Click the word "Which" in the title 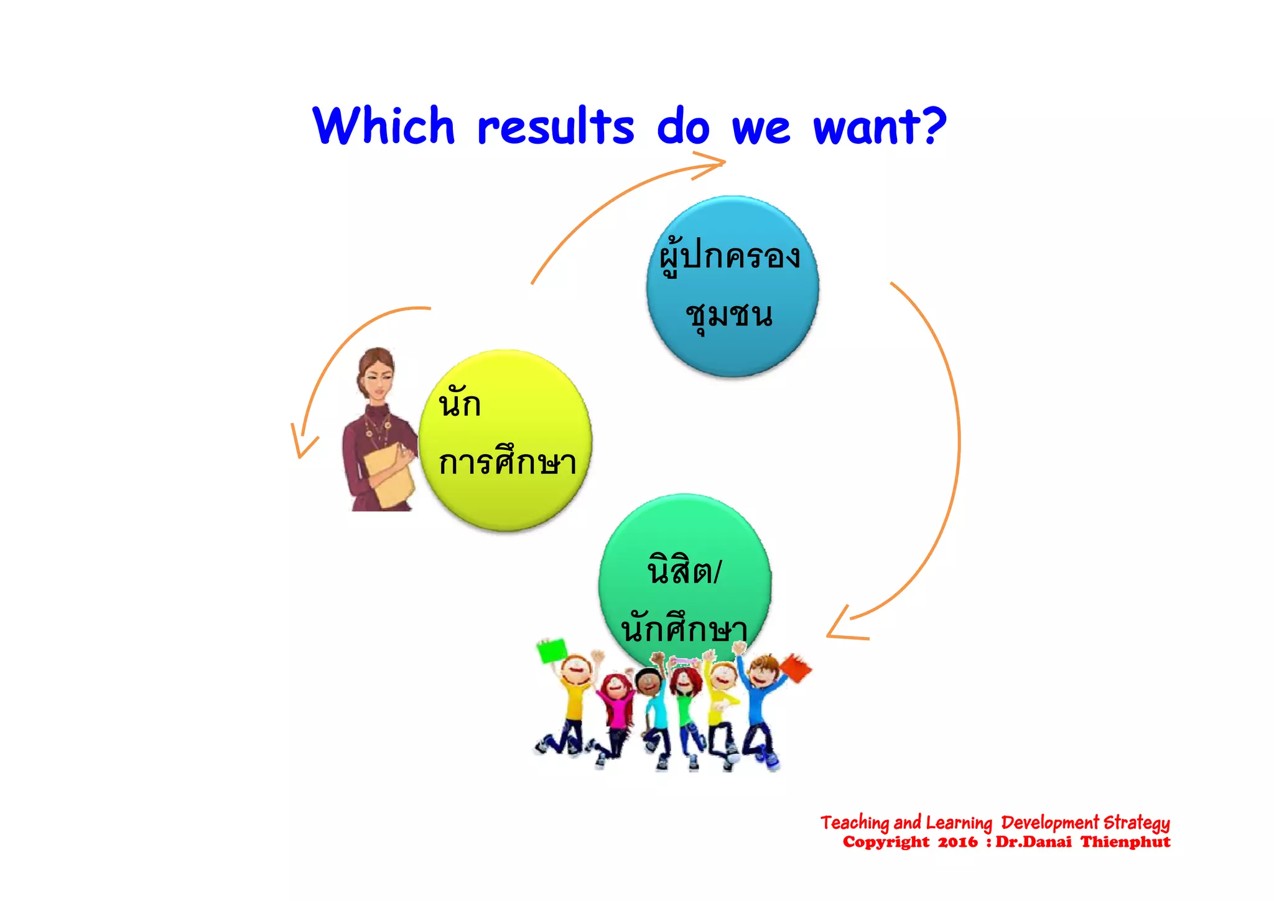pos(384,126)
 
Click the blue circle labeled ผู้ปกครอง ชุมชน pos(732,286)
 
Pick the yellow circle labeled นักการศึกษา pos(505,440)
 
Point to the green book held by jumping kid pos(551,650)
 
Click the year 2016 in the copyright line pos(957,843)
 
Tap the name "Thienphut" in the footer pos(1125,843)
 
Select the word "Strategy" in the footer pos(1137,823)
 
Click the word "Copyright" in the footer pos(885,843)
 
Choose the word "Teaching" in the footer pos(854,823)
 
